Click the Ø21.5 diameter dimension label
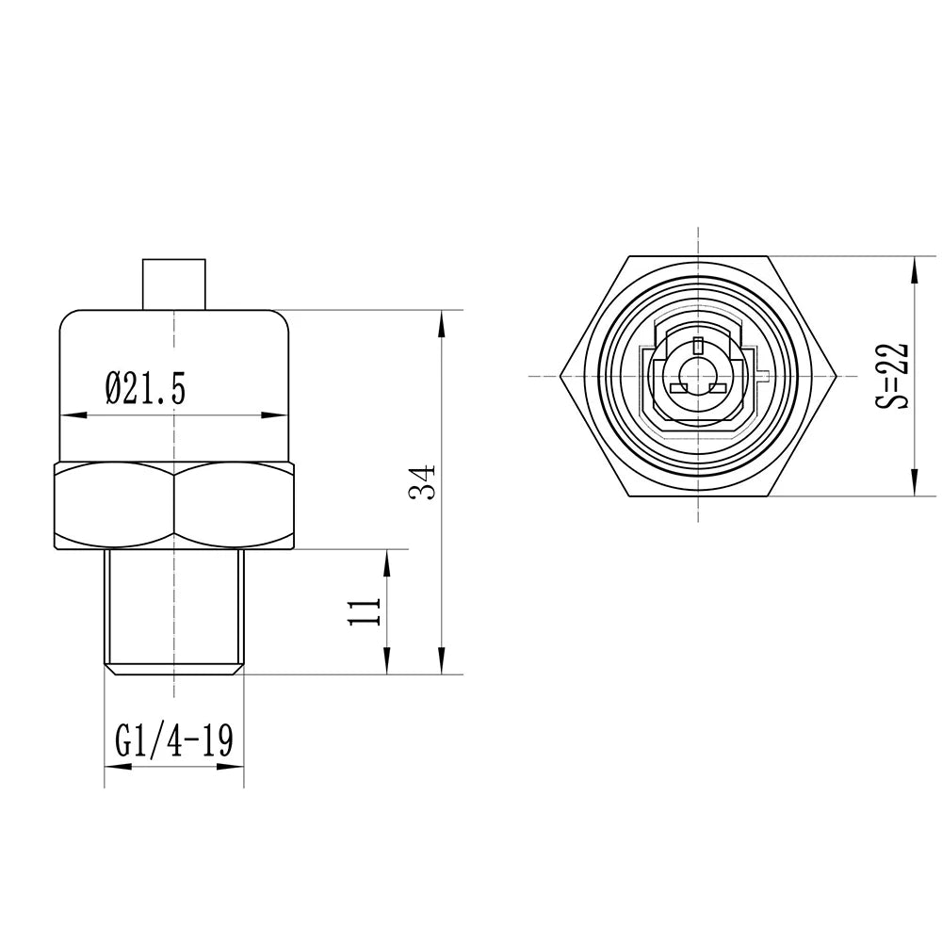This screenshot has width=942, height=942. click(x=145, y=387)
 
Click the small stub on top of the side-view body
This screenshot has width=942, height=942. click(x=174, y=283)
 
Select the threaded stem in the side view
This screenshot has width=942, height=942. click(x=174, y=608)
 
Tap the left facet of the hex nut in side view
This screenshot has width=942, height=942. click(x=115, y=506)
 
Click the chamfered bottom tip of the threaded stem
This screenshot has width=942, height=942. click(x=174, y=670)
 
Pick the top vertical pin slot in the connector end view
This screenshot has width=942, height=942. click(x=697, y=345)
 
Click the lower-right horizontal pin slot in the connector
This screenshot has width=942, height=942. click(x=716, y=388)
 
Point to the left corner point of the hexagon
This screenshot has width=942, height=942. click(x=560, y=376)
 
